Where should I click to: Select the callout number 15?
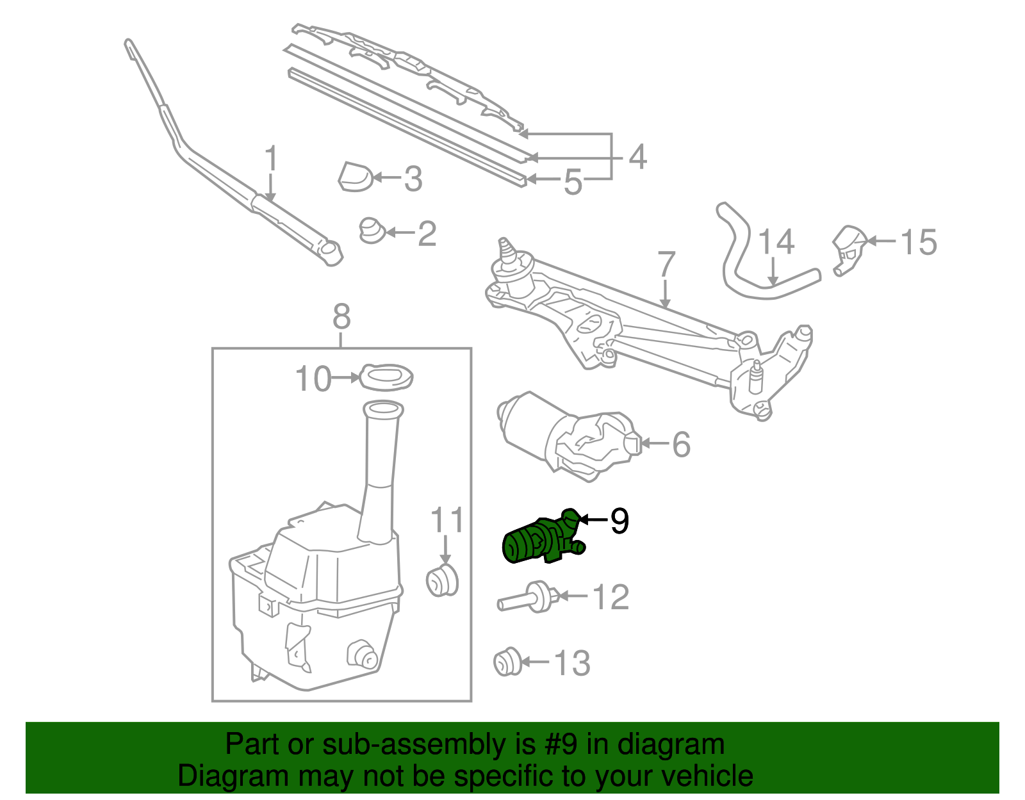click(x=918, y=242)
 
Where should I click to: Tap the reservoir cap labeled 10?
click(x=386, y=377)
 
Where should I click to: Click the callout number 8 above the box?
click(x=341, y=316)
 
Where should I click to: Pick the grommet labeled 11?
click(x=442, y=580)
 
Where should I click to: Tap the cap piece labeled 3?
click(x=355, y=177)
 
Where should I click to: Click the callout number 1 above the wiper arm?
click(x=272, y=158)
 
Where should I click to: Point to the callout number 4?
click(x=637, y=157)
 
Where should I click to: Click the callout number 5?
click(x=572, y=182)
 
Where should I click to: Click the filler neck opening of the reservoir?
click(x=383, y=409)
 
